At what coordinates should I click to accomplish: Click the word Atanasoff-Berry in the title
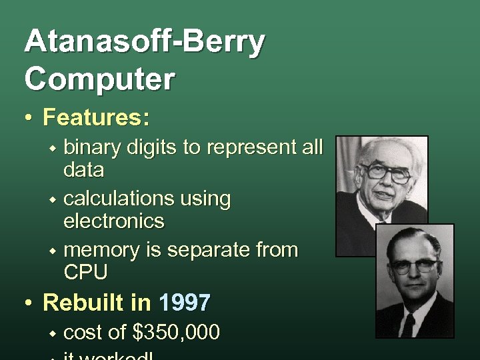tap(144, 43)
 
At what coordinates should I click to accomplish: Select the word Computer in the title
tap(100, 78)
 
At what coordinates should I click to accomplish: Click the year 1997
tap(185, 303)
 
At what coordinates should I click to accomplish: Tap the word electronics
tap(113, 220)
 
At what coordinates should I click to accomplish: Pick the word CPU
tap(85, 272)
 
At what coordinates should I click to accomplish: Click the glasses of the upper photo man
tap(386, 173)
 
